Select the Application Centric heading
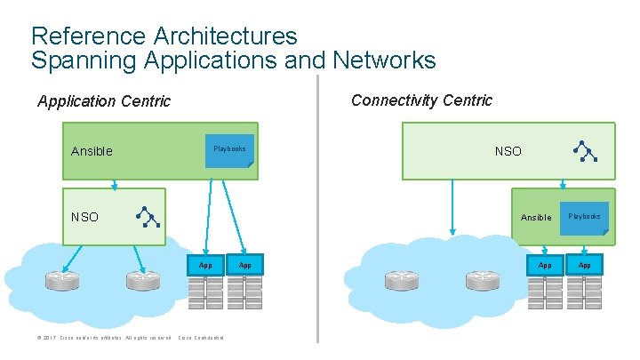click(x=104, y=101)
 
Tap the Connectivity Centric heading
click(x=421, y=100)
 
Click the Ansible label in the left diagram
click(x=92, y=151)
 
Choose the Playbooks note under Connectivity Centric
click(x=585, y=219)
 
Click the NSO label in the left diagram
click(x=85, y=217)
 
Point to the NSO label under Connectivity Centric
click(x=508, y=151)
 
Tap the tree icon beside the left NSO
click(x=147, y=216)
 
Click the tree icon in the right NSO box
click(x=584, y=151)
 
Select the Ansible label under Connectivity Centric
click(x=535, y=218)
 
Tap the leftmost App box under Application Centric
click(x=205, y=265)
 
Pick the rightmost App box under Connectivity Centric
click(x=585, y=265)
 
